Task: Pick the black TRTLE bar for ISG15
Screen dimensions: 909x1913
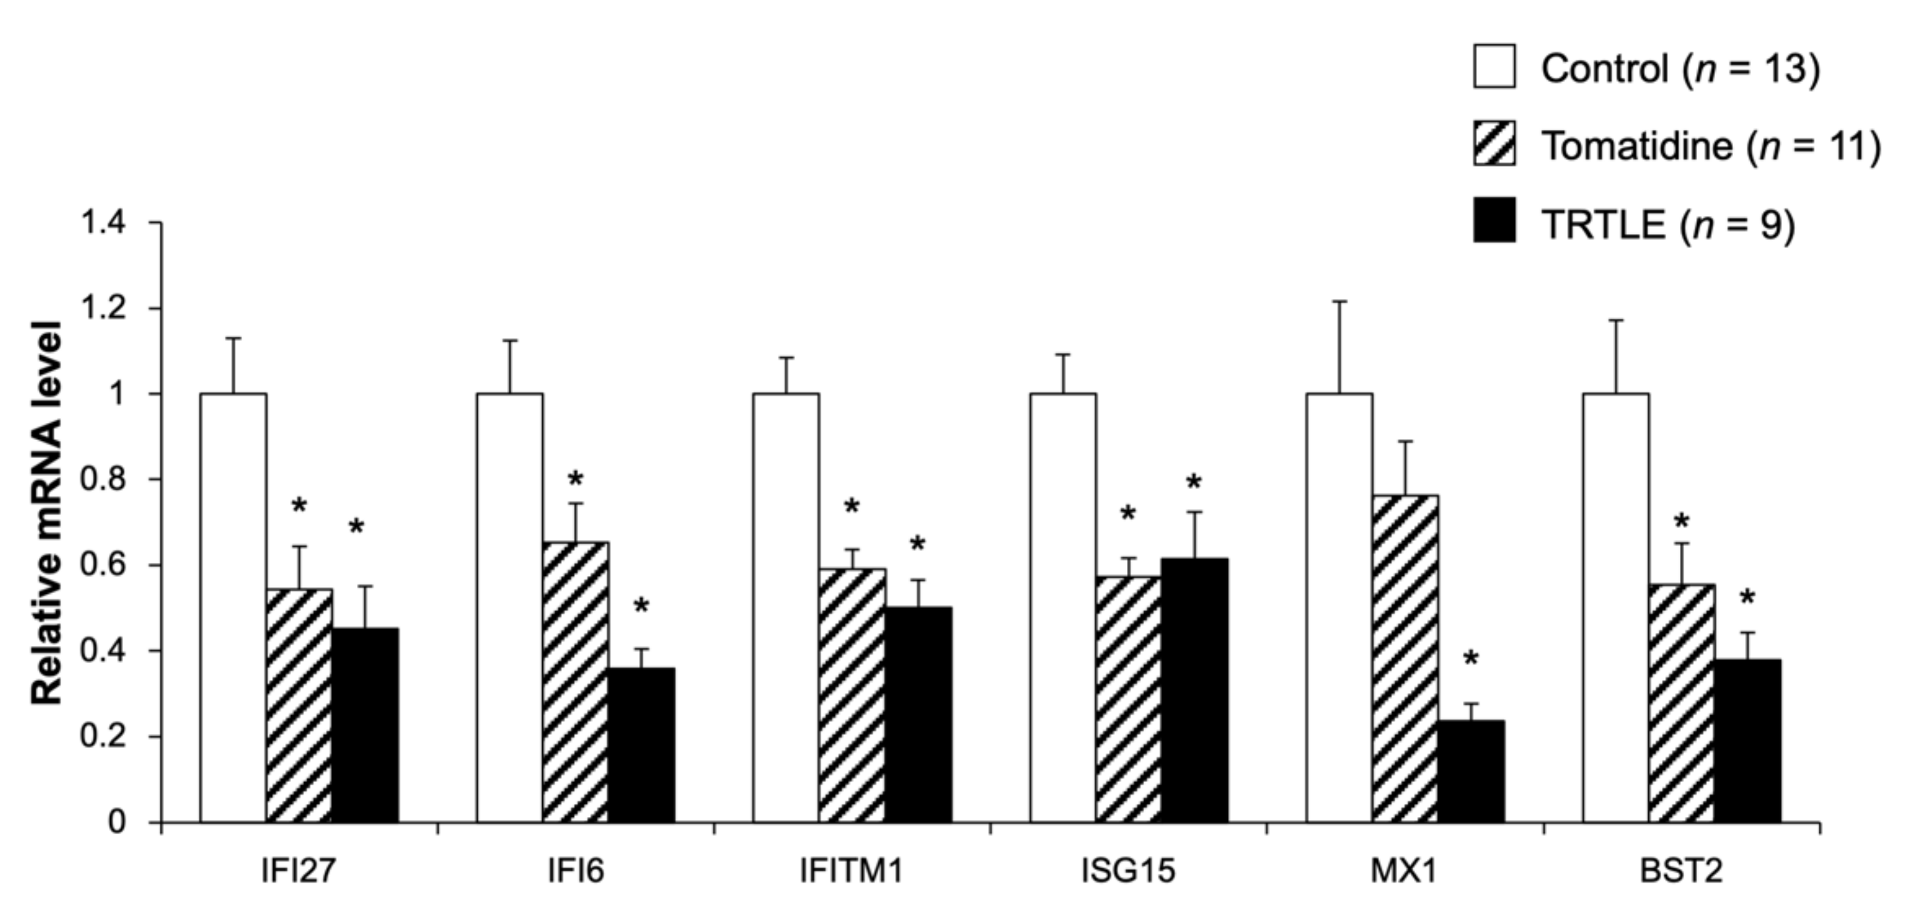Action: point(1194,690)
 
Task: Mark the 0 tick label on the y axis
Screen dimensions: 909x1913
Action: point(117,823)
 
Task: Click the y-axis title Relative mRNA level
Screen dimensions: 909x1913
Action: point(46,513)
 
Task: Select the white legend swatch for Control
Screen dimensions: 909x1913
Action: point(1494,67)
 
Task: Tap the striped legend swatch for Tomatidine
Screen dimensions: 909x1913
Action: point(1494,144)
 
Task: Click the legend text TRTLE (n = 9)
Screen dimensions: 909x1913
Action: point(1667,223)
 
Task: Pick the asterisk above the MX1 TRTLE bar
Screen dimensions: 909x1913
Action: point(1471,659)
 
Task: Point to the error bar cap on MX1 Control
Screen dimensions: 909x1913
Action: point(1340,301)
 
